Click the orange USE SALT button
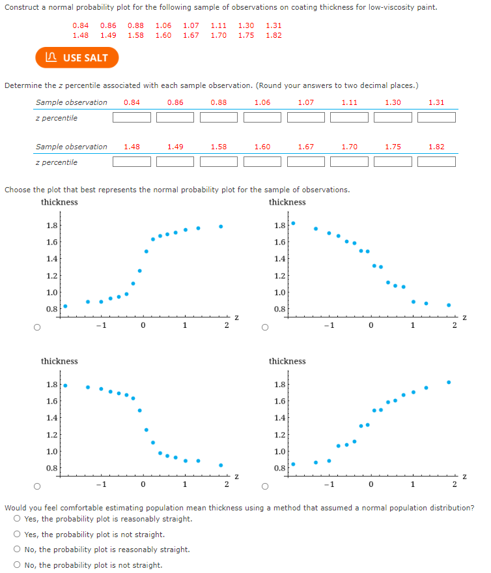coord(77,58)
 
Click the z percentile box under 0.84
coord(132,118)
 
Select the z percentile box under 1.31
coord(436,118)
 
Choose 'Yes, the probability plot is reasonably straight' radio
coord(16,520)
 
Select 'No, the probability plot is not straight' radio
coord(16,565)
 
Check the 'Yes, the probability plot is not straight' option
coord(16,535)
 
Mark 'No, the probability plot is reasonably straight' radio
coord(16,550)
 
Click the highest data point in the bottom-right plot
coord(448,382)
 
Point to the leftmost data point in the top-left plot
coord(65,306)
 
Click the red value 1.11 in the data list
coord(219,25)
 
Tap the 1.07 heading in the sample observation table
coord(306,102)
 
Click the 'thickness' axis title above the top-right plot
coord(287,202)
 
